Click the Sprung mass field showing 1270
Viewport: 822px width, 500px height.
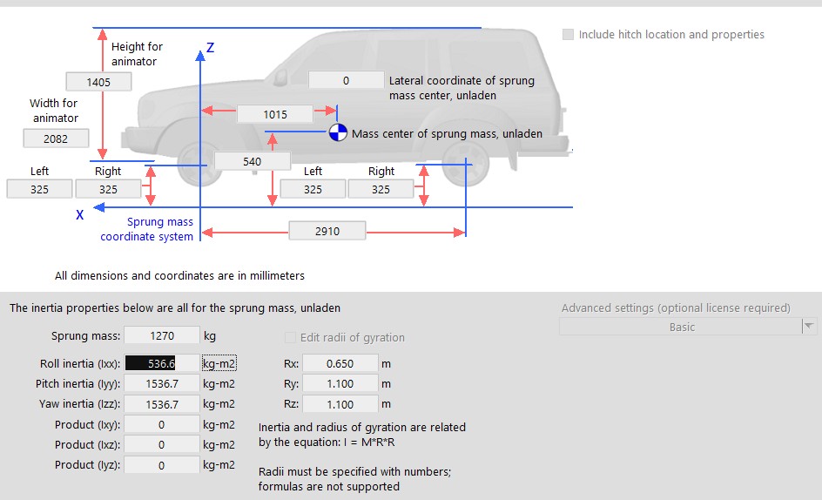(x=161, y=336)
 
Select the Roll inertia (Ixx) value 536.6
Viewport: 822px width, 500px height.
(x=161, y=364)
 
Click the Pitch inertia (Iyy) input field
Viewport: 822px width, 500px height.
(x=161, y=384)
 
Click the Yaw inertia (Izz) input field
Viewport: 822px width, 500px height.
(x=161, y=404)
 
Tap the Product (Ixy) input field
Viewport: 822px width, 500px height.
(x=161, y=425)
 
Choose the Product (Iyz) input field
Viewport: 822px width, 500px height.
(x=161, y=465)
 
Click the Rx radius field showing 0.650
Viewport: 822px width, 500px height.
(x=340, y=364)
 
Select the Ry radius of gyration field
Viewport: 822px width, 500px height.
(x=340, y=384)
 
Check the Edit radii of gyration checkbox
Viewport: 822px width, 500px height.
(x=291, y=338)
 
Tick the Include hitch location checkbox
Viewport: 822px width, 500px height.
(x=569, y=35)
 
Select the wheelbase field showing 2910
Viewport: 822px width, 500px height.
(x=327, y=232)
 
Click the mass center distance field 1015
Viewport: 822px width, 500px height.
(x=274, y=114)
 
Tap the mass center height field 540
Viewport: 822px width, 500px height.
(x=252, y=161)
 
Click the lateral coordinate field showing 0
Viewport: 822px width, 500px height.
(x=346, y=80)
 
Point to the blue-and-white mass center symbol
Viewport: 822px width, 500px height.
(x=338, y=133)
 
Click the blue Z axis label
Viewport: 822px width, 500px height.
(x=210, y=48)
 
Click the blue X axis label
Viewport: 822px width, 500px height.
(x=79, y=213)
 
